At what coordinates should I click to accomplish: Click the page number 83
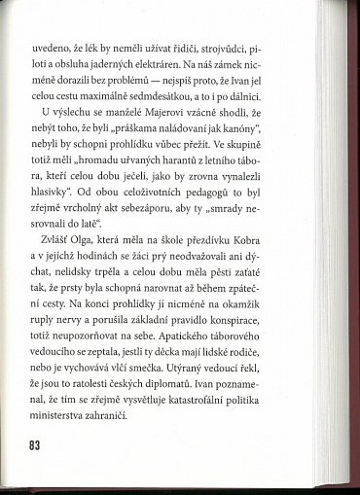[x=36, y=445]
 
